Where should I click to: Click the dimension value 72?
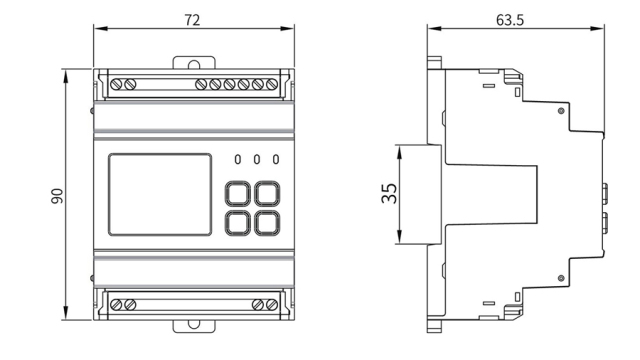click(191, 20)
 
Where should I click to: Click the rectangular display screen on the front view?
click(160, 195)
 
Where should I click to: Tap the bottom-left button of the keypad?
click(239, 222)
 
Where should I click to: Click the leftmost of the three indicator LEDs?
click(238, 159)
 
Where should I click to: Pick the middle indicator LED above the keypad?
click(256, 159)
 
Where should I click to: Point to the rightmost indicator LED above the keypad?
click(274, 159)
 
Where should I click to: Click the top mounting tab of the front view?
click(190, 63)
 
